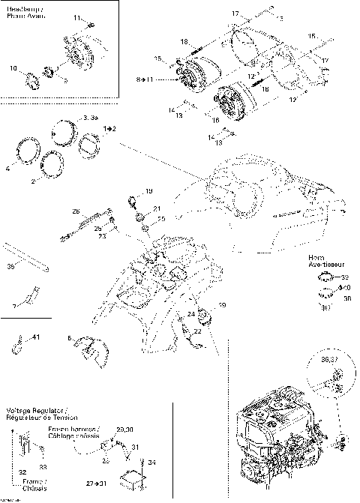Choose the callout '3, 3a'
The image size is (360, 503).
click(91, 118)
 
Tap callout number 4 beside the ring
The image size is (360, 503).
click(7, 169)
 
